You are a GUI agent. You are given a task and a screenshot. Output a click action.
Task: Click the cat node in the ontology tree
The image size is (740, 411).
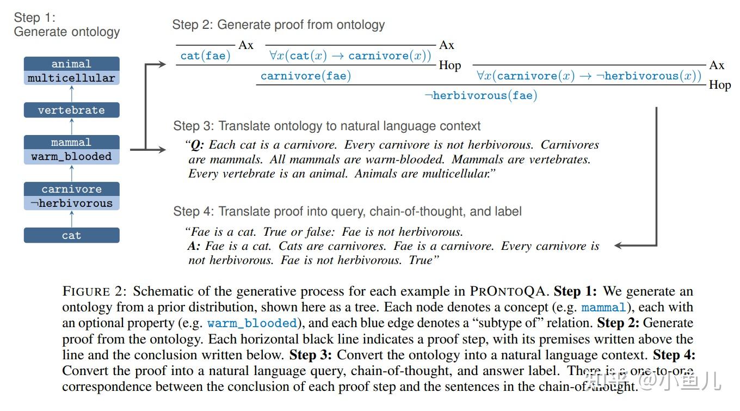(71, 236)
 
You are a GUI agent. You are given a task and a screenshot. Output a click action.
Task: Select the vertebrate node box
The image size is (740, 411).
(71, 110)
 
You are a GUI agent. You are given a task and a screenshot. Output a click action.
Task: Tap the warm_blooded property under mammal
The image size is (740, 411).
(71, 157)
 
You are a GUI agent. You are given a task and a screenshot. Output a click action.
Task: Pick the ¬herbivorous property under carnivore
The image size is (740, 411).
(71, 204)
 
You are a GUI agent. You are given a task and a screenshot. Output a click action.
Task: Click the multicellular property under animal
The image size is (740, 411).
(71, 78)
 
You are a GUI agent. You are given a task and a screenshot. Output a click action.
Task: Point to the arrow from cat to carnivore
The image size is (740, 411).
(71, 219)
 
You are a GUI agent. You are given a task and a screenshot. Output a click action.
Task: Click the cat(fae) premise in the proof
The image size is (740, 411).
(205, 56)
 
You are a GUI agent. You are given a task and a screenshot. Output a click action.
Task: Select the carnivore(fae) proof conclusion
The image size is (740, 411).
(305, 76)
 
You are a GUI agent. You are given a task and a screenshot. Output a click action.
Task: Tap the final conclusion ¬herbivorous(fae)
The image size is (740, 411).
(480, 96)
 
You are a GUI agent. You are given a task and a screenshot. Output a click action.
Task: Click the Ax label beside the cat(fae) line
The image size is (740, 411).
(246, 45)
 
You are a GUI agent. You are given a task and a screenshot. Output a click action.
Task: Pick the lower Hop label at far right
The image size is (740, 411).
(719, 85)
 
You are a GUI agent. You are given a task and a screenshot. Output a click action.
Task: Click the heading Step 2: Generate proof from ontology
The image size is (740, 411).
(278, 24)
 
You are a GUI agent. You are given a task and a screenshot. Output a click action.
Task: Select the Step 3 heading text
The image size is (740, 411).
(326, 126)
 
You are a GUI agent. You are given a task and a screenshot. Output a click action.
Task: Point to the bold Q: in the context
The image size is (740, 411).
(196, 145)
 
